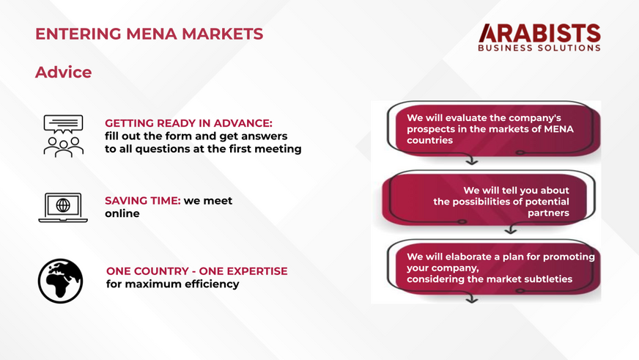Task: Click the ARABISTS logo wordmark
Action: click(539, 33)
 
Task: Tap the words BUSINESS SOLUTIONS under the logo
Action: click(539, 48)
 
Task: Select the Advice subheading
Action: click(64, 72)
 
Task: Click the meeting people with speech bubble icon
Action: click(64, 136)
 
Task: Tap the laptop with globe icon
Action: click(63, 207)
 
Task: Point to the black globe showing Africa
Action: click(60, 281)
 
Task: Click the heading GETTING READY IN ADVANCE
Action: click(188, 123)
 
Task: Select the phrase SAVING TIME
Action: click(143, 201)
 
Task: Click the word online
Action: click(122, 213)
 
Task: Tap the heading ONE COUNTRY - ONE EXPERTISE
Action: click(197, 271)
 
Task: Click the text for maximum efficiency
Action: click(173, 284)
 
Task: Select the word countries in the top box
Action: click(429, 140)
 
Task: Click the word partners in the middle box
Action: click(549, 213)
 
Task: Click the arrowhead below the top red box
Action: click(472, 161)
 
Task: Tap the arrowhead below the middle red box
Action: click(511, 231)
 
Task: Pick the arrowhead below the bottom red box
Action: click(472, 300)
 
